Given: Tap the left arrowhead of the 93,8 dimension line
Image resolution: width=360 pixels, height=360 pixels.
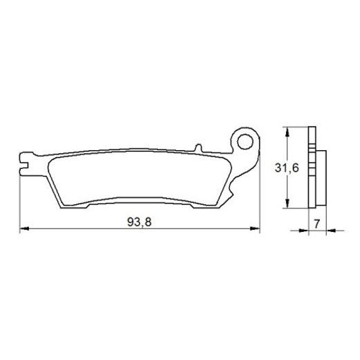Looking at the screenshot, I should point(23,228).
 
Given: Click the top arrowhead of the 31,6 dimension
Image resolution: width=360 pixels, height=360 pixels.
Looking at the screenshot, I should point(284,131).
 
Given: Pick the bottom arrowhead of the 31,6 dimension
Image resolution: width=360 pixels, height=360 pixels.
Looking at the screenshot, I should point(284,206).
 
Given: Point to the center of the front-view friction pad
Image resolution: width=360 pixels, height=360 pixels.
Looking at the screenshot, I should point(138,180).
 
